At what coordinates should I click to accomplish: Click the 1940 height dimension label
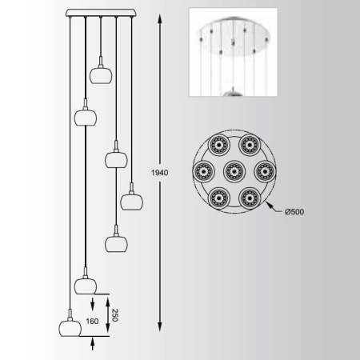[160, 173]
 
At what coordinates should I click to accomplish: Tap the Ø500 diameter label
[294, 212]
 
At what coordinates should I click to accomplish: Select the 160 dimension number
[92, 322]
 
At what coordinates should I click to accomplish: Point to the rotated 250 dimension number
[115, 315]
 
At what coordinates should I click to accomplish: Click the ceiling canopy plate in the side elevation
[101, 13]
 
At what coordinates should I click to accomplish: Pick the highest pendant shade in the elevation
[101, 75]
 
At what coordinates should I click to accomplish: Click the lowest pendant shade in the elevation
[70, 328]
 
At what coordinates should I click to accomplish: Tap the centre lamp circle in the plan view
[234, 171]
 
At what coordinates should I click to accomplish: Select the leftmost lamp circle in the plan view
[203, 171]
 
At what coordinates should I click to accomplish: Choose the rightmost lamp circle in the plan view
[265, 171]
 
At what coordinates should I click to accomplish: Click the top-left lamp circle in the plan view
[219, 145]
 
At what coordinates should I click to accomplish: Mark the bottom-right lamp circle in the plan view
[250, 198]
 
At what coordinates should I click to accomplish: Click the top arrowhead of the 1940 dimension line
[160, 19]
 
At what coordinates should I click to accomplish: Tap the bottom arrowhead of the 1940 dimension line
[160, 326]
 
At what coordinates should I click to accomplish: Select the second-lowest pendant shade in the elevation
[86, 286]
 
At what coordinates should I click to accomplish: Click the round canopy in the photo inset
[234, 37]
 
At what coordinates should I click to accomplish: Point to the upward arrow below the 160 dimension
[93, 343]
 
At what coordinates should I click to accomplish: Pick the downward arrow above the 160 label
[93, 304]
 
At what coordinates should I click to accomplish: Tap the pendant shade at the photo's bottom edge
[233, 93]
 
